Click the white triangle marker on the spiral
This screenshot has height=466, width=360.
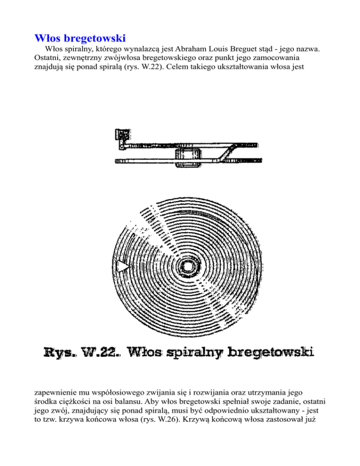pos(123,266)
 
